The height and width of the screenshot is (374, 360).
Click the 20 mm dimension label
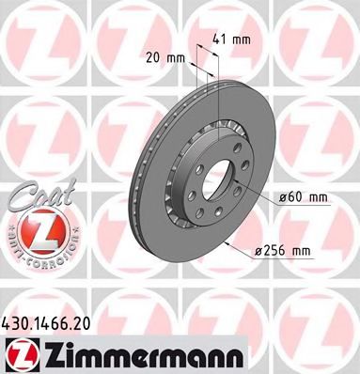tap(162, 58)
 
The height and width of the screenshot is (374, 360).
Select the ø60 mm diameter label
tap(304, 197)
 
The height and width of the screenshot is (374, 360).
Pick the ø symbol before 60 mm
tap(284, 197)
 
